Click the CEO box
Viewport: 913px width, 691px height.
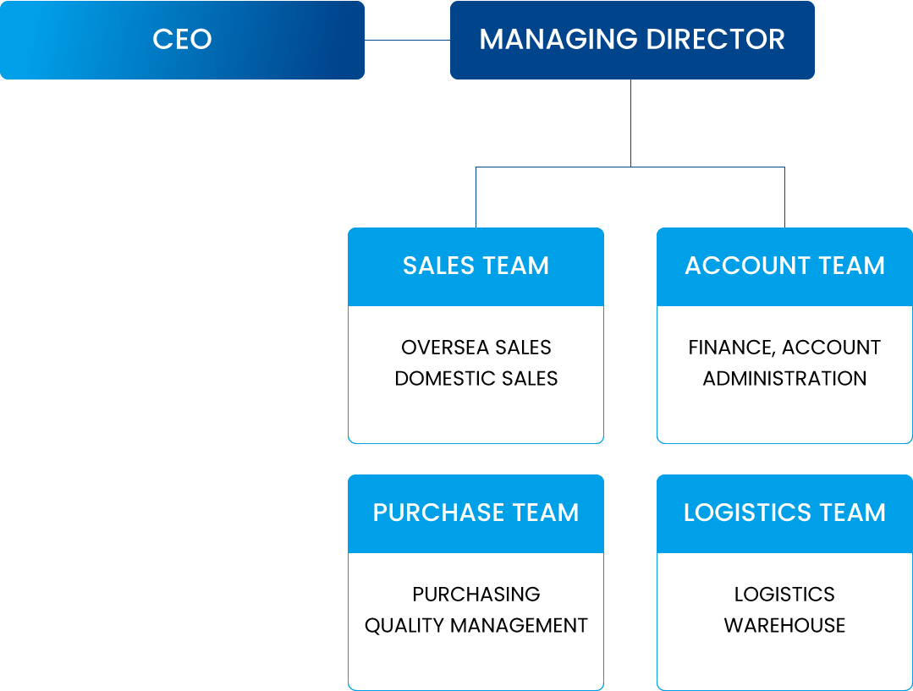click(x=182, y=40)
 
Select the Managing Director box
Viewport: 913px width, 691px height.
click(x=632, y=40)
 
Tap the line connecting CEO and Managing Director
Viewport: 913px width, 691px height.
click(x=407, y=40)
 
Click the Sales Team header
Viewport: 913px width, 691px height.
click(x=476, y=266)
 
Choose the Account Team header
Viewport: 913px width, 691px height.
click(x=784, y=266)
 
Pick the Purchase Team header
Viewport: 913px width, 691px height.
click(x=476, y=513)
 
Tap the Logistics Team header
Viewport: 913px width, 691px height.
click(x=784, y=513)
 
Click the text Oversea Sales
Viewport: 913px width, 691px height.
click(x=476, y=348)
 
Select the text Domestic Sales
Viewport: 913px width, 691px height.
click(x=476, y=379)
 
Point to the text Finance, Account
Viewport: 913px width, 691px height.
click(x=784, y=348)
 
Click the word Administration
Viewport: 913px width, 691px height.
click(x=784, y=379)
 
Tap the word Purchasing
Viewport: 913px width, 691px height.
click(x=476, y=595)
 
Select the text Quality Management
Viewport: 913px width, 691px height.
click(x=476, y=626)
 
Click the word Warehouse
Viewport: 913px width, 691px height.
click(x=784, y=626)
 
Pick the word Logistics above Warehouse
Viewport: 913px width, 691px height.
click(x=784, y=595)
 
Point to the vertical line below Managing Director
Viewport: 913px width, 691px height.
click(x=631, y=123)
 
